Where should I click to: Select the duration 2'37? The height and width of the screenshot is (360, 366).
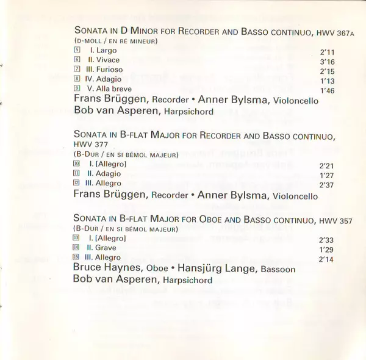coord(328,185)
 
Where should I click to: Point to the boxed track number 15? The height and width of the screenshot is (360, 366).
coord(76,258)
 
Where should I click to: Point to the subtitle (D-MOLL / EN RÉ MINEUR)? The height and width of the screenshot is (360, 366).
coord(115,40)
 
